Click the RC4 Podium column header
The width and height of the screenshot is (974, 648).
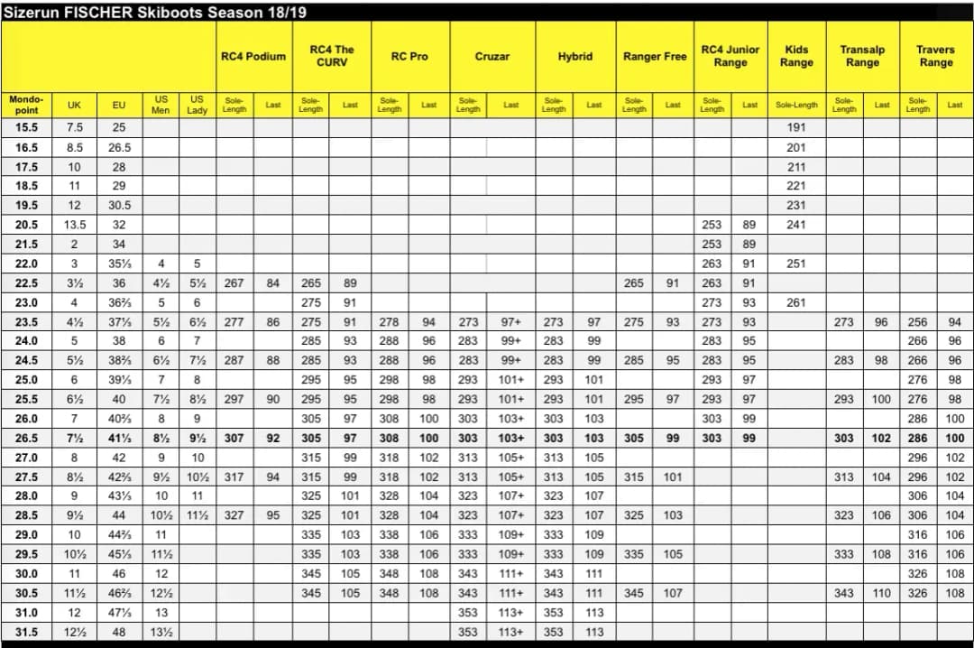(253, 56)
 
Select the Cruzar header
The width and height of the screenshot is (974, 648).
(492, 56)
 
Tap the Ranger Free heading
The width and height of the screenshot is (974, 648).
(655, 56)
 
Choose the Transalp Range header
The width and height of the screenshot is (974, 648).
(862, 56)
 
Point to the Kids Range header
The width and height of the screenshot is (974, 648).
(796, 56)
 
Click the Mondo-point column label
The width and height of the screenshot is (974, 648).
(26, 105)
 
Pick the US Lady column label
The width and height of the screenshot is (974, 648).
(197, 105)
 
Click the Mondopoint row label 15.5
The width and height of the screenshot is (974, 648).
(26, 127)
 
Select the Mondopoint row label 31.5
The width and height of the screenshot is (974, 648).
(26, 632)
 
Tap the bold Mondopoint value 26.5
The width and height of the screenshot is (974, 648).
(26, 438)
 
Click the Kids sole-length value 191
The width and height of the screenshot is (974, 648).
(796, 127)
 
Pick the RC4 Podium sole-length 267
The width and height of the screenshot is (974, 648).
(234, 282)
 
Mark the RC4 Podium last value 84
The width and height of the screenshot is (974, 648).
(273, 282)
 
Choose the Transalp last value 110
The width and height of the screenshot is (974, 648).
(881, 593)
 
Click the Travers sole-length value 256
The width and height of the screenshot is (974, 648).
(917, 321)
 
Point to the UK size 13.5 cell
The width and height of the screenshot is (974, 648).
(75, 225)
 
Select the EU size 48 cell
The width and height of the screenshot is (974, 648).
(118, 632)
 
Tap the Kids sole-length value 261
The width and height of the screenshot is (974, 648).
(796, 302)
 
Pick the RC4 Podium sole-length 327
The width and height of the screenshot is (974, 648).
(234, 515)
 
